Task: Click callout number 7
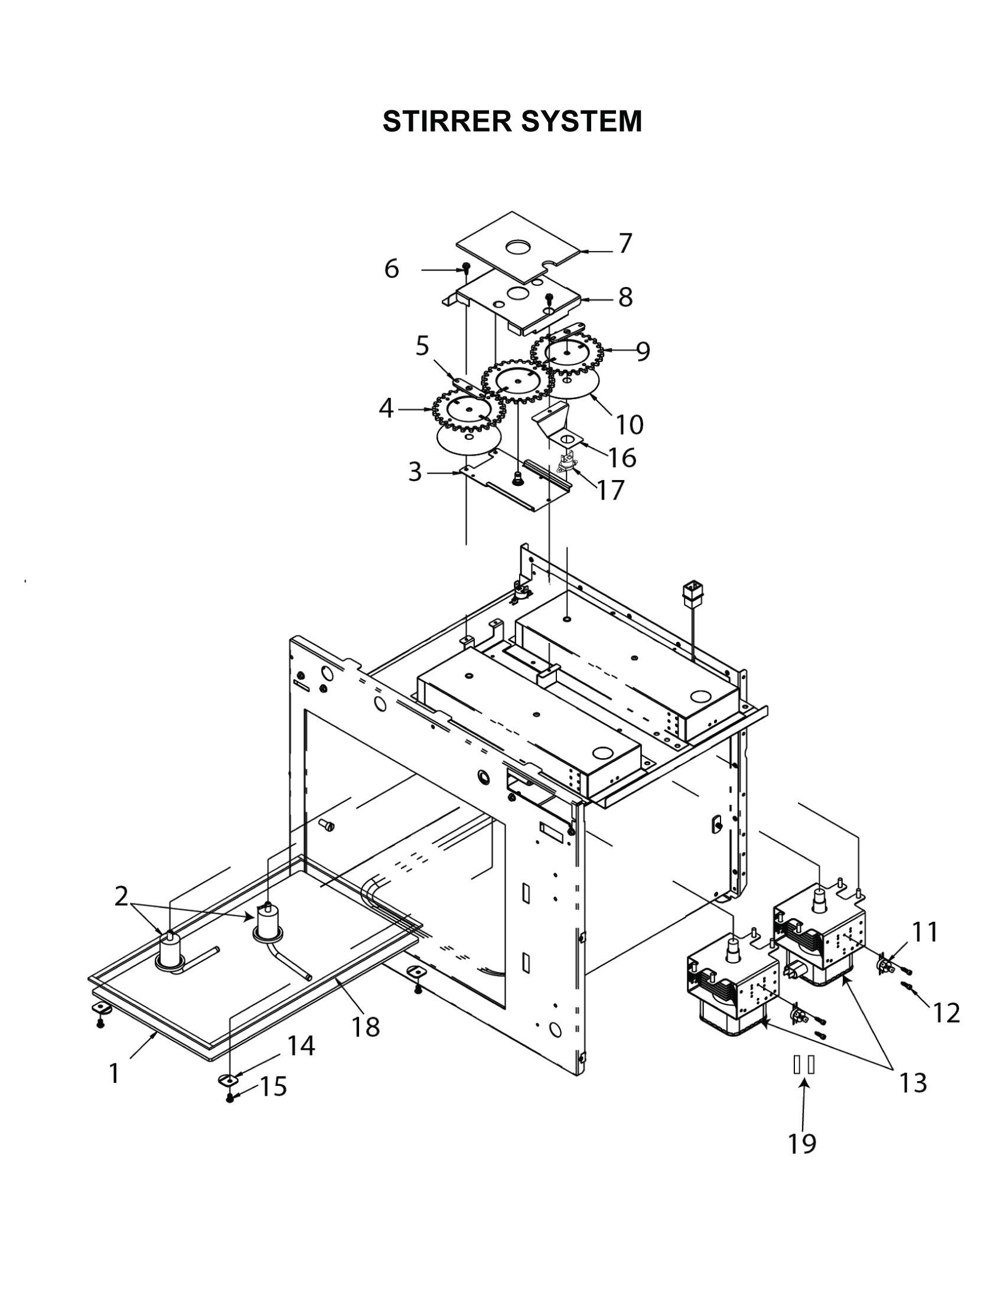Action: click(624, 244)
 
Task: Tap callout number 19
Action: click(802, 1143)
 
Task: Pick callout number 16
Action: click(621, 458)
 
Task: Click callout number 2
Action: click(120, 896)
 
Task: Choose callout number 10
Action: click(630, 425)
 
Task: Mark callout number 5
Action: click(422, 345)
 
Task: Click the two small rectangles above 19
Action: click(804, 1065)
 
